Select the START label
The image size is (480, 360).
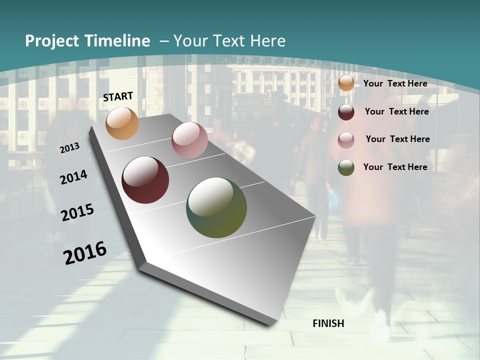click(118, 96)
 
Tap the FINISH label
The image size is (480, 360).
click(328, 323)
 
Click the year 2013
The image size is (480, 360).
click(70, 148)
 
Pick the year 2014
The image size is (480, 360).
click(74, 177)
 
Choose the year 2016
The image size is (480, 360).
click(85, 253)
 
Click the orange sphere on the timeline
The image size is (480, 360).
click(122, 123)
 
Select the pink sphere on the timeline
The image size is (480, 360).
click(189, 140)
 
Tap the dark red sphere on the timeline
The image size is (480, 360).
click(145, 180)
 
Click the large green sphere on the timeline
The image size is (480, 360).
click(216, 207)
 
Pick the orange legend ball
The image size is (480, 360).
click(346, 83)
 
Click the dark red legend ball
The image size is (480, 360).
click(346, 112)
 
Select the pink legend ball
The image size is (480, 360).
click(346, 139)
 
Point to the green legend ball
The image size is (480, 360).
click(346, 167)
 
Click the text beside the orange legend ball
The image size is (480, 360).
click(395, 83)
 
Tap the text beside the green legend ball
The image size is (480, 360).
click(395, 167)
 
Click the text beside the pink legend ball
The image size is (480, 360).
click(397, 139)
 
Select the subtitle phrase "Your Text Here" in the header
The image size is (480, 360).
click(229, 41)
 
